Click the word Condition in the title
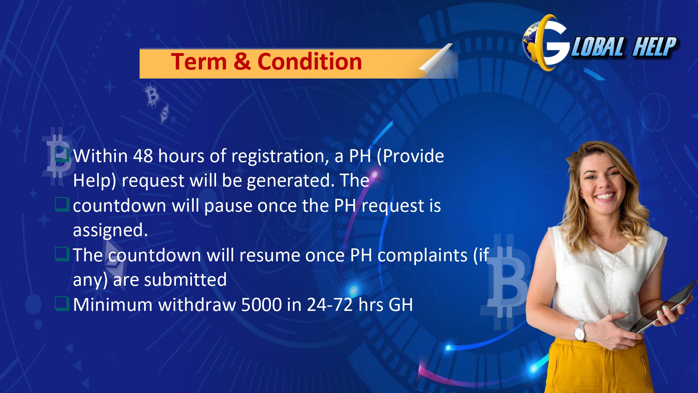[310, 62]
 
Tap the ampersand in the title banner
[242, 62]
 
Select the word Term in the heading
[199, 62]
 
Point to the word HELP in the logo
[655, 47]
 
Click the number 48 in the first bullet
[143, 156]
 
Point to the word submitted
[185, 280]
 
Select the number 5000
[261, 305]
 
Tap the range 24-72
[330, 305]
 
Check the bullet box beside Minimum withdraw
[62, 304]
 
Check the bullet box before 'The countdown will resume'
[62, 254]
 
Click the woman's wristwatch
[580, 331]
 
